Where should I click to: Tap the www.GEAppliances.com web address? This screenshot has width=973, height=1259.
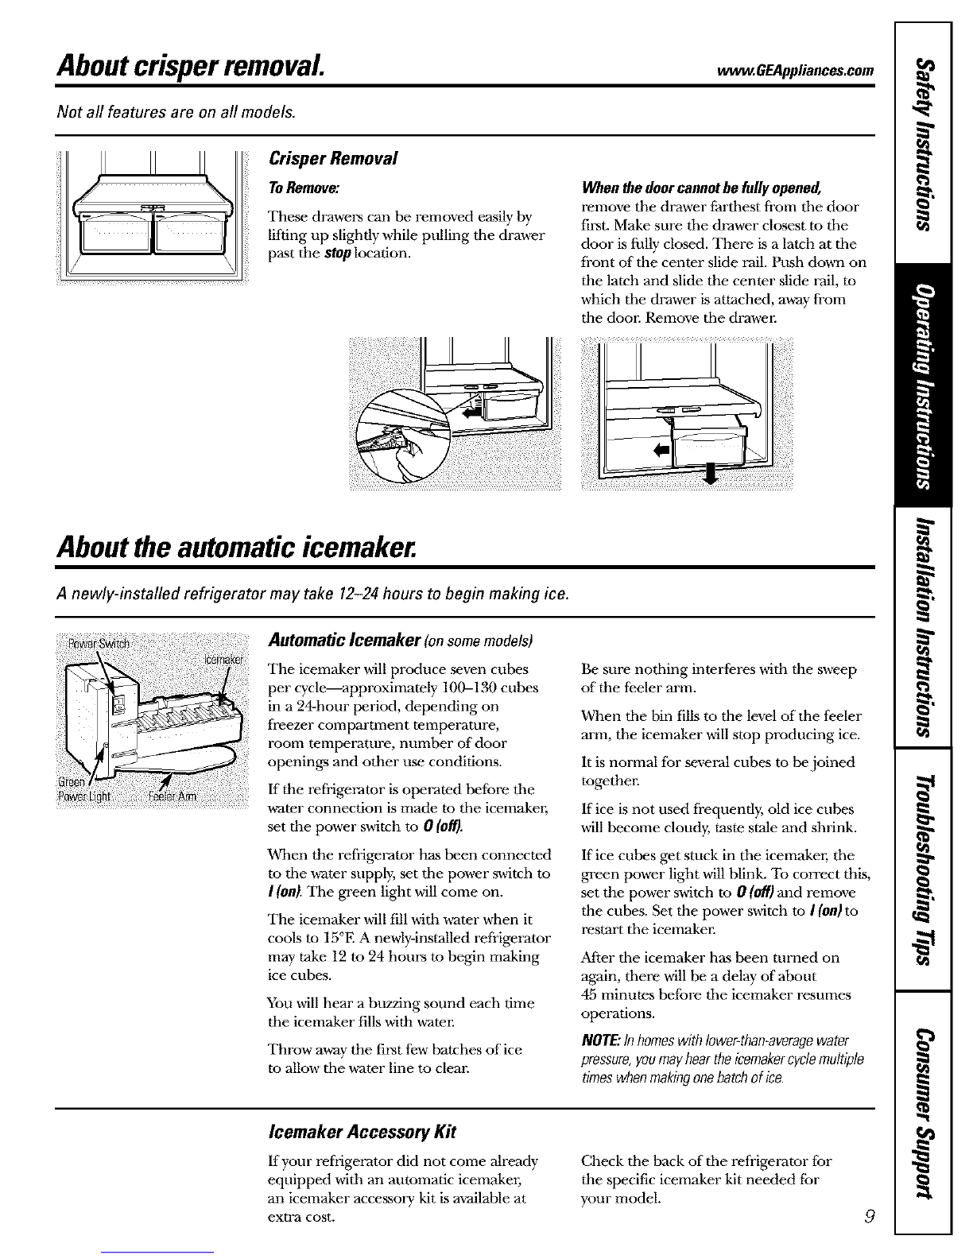[796, 70]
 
